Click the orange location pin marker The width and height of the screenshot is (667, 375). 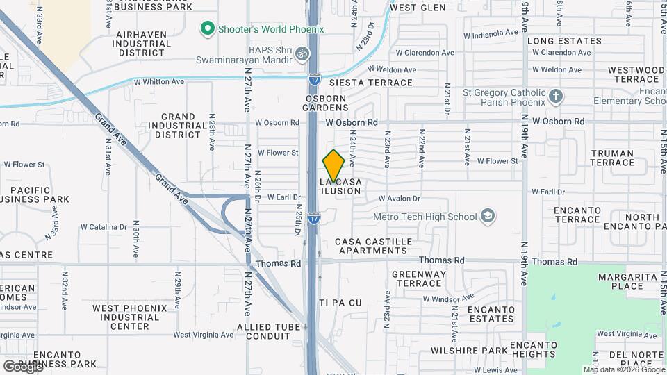point(333,167)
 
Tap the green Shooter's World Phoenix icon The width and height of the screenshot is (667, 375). point(206,29)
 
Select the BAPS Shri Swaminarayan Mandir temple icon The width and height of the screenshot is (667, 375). point(302,52)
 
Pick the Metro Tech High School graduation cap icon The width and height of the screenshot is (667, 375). point(488,216)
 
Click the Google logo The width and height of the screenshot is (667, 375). point(23,366)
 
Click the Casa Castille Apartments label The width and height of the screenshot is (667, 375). point(373,246)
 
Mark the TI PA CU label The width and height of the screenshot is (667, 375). point(340,303)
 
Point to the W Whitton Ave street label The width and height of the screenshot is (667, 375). point(163,82)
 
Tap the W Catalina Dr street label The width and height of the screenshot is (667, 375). point(104,226)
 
